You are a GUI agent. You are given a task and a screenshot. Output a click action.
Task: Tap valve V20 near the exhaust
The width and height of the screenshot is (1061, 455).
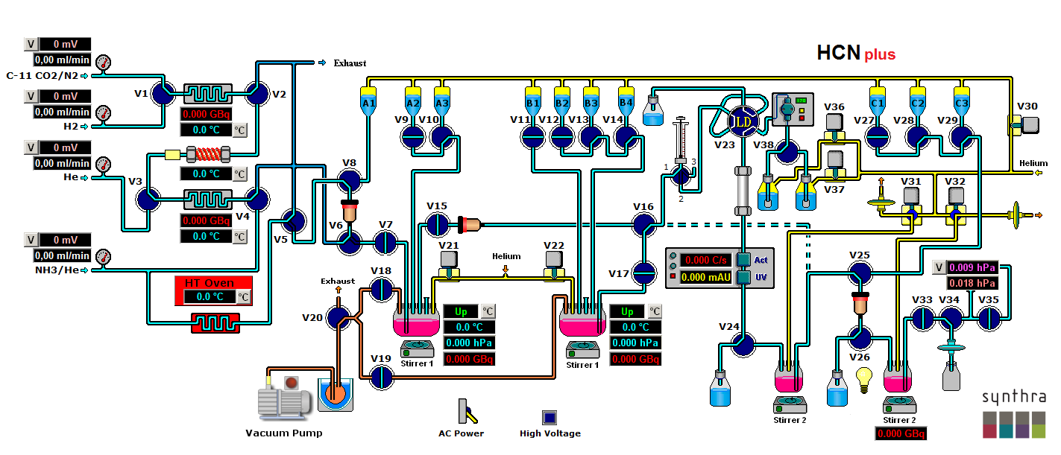click(338, 318)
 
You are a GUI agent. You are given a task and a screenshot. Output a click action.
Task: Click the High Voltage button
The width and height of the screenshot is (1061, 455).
click(550, 417)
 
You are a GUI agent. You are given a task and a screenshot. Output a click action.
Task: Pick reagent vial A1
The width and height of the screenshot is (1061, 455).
click(368, 101)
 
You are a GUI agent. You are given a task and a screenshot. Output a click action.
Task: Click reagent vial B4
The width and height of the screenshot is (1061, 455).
click(626, 101)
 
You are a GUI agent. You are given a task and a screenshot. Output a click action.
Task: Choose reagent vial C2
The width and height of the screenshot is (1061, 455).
click(917, 101)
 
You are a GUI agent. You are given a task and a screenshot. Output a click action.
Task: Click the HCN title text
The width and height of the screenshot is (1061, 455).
click(839, 53)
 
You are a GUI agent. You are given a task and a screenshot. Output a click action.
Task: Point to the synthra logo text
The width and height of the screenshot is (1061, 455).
click(1013, 398)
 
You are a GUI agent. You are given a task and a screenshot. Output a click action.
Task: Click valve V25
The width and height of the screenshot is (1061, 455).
click(861, 273)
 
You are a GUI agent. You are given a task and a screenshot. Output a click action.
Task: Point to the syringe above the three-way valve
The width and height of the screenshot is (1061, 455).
click(680, 141)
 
